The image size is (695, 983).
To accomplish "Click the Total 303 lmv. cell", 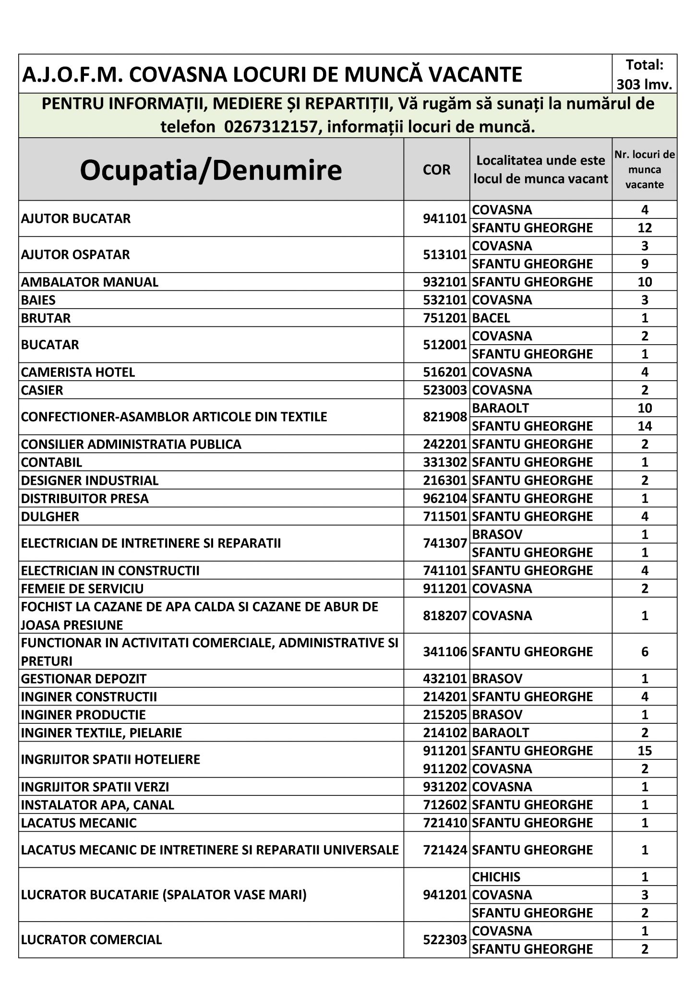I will tap(645, 74).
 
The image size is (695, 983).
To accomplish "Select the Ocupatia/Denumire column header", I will tap(211, 170).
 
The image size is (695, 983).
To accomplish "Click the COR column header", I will tap(436, 170).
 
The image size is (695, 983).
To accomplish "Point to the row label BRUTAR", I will tap(46, 318).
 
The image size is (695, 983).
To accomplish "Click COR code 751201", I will tap(444, 318).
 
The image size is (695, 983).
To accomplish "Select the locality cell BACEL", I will tap(491, 318).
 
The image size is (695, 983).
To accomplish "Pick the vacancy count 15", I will tap(645, 751).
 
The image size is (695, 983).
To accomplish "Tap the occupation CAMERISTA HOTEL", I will tap(78, 372).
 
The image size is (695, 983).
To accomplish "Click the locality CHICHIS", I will tap(496, 877).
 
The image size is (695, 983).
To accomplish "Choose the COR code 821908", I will tap(444, 417).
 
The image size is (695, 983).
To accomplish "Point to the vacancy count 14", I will tap(645, 426).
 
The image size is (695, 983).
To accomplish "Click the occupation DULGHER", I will tap(50, 516).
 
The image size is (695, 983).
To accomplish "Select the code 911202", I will tap(444, 769).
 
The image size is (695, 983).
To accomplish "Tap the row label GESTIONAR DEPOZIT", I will tap(84, 679).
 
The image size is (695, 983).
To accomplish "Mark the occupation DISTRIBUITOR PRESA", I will tap(85, 499).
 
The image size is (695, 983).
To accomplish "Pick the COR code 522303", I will tap(444, 940).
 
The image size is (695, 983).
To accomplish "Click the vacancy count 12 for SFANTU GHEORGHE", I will tap(645, 228).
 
